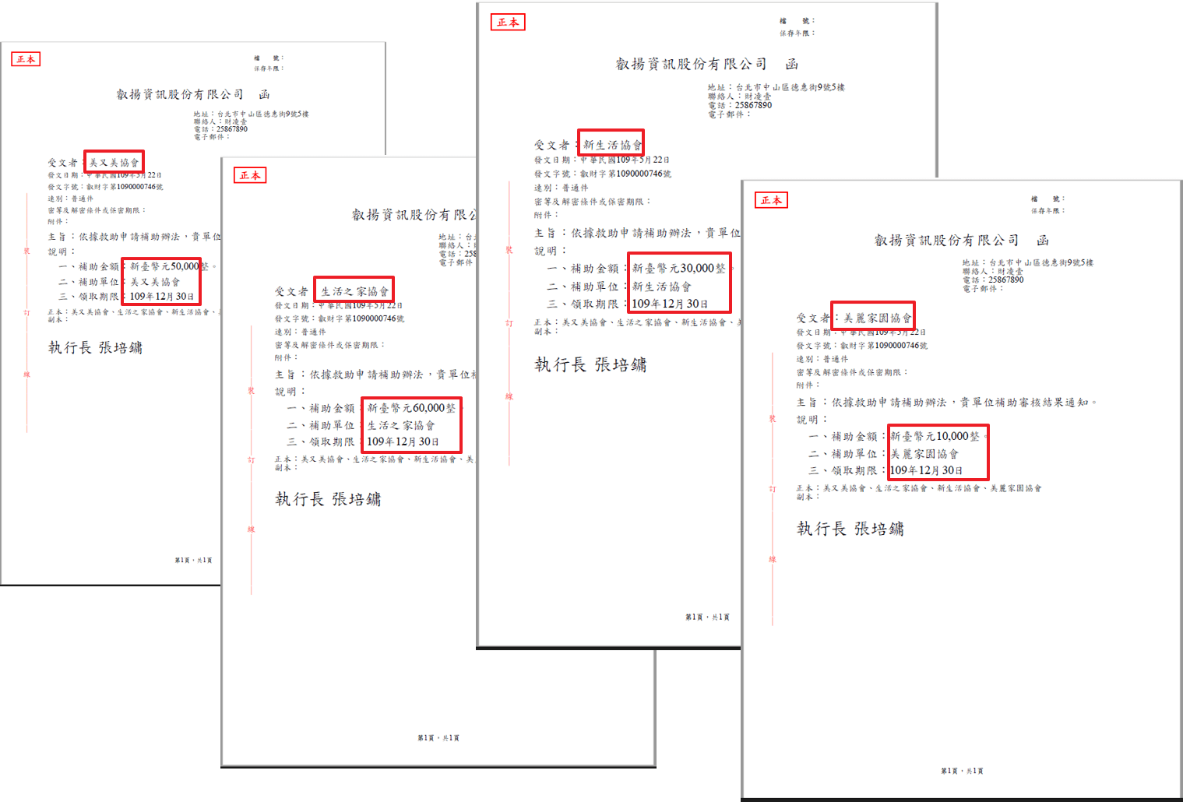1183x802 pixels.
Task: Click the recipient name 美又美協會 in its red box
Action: [114, 163]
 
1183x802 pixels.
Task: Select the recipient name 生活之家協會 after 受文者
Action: [354, 291]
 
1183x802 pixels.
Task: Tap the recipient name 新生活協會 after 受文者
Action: [612, 145]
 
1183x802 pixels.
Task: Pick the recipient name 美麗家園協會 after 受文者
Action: [877, 318]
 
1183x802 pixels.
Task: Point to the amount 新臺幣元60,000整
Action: [411, 408]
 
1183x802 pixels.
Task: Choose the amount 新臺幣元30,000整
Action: [678, 269]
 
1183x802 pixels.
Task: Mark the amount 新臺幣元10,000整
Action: [935, 437]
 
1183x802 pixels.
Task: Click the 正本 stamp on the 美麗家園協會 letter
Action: [771, 200]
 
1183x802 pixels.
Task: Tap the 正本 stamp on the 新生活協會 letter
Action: [508, 23]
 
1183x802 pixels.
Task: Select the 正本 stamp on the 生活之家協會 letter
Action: [250, 175]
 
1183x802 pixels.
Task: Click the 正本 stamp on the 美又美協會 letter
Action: [26, 59]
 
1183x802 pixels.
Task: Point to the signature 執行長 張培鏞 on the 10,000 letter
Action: [850, 529]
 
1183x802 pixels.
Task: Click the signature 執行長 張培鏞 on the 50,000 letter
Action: [95, 348]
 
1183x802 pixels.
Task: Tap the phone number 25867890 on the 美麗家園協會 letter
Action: [1005, 280]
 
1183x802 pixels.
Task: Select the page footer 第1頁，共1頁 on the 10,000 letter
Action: [962, 771]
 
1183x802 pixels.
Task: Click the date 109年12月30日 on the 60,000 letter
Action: [403, 441]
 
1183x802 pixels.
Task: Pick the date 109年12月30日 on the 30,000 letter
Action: [670, 304]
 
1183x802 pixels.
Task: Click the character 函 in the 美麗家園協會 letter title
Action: [1043, 241]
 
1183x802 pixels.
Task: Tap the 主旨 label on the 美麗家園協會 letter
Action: [807, 403]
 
